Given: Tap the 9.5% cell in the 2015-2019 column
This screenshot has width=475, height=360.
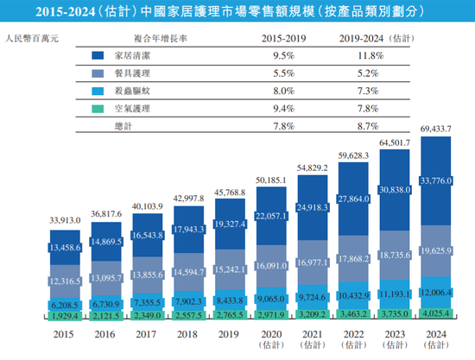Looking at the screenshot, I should point(281,55).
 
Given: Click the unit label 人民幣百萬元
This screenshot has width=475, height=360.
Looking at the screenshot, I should point(30,39).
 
